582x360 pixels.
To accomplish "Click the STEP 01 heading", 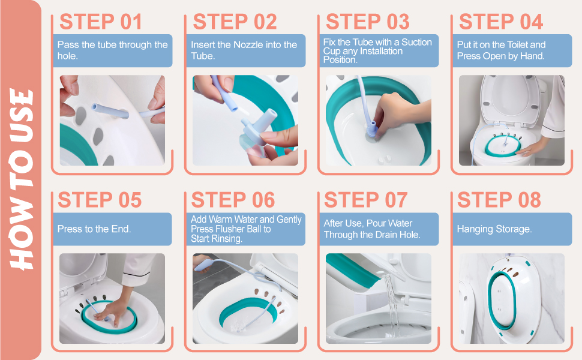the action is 101,22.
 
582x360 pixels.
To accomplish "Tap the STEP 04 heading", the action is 501,22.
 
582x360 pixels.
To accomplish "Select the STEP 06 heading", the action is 233,200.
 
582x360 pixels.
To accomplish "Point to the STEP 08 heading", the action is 499,200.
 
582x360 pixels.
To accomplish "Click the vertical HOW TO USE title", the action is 21,179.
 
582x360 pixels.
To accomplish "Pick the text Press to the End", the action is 94,229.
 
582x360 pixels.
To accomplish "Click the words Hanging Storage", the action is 494,229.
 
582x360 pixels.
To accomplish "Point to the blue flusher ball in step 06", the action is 203,265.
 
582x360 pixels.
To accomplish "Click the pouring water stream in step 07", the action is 392,304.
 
